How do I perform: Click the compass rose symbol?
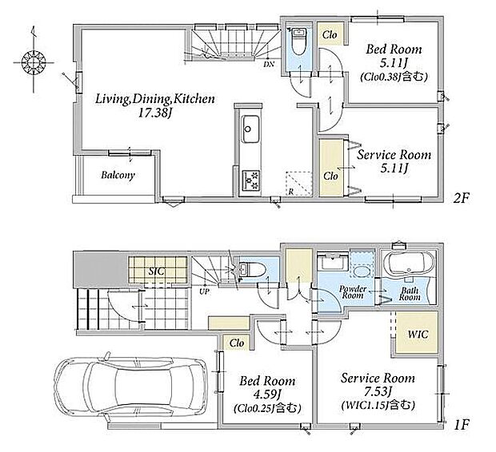[34, 62]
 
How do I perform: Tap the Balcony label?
[118, 176]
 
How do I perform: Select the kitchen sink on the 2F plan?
[251, 129]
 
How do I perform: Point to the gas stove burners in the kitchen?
[251, 180]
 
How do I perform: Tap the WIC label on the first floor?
[418, 334]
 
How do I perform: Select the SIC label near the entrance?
[157, 271]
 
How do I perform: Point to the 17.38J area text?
[154, 113]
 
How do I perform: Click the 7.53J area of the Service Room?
[378, 392]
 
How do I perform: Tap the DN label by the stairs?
[269, 64]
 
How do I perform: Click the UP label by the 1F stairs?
[204, 291]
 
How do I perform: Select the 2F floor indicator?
[462, 198]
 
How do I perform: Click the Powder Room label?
[353, 292]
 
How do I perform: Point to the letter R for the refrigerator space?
[290, 192]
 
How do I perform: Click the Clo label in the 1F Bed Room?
[237, 343]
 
